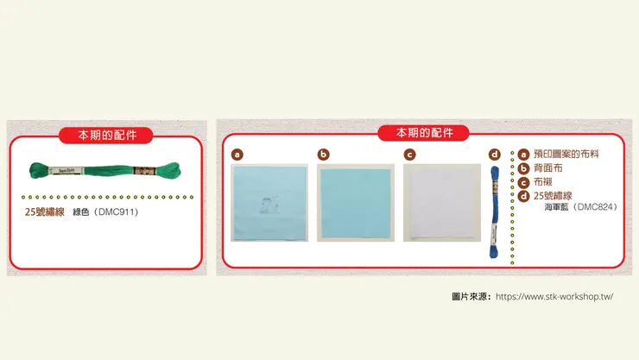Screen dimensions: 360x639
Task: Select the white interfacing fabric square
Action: point(440,204)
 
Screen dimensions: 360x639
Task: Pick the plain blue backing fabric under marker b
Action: point(356,204)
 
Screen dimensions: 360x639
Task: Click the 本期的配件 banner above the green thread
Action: point(107,136)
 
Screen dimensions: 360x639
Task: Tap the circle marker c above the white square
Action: point(410,155)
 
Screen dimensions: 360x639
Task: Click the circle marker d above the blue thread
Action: point(495,155)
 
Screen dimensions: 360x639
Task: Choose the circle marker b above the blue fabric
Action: point(324,155)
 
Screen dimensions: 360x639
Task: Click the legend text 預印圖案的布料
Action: point(566,155)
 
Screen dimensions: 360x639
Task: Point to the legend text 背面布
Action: point(546,168)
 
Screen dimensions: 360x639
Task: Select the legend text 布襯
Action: point(541,182)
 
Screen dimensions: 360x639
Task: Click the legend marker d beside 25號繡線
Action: point(523,196)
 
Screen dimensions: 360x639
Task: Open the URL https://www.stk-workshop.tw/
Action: point(554,296)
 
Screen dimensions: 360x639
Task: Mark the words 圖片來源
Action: point(471,296)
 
